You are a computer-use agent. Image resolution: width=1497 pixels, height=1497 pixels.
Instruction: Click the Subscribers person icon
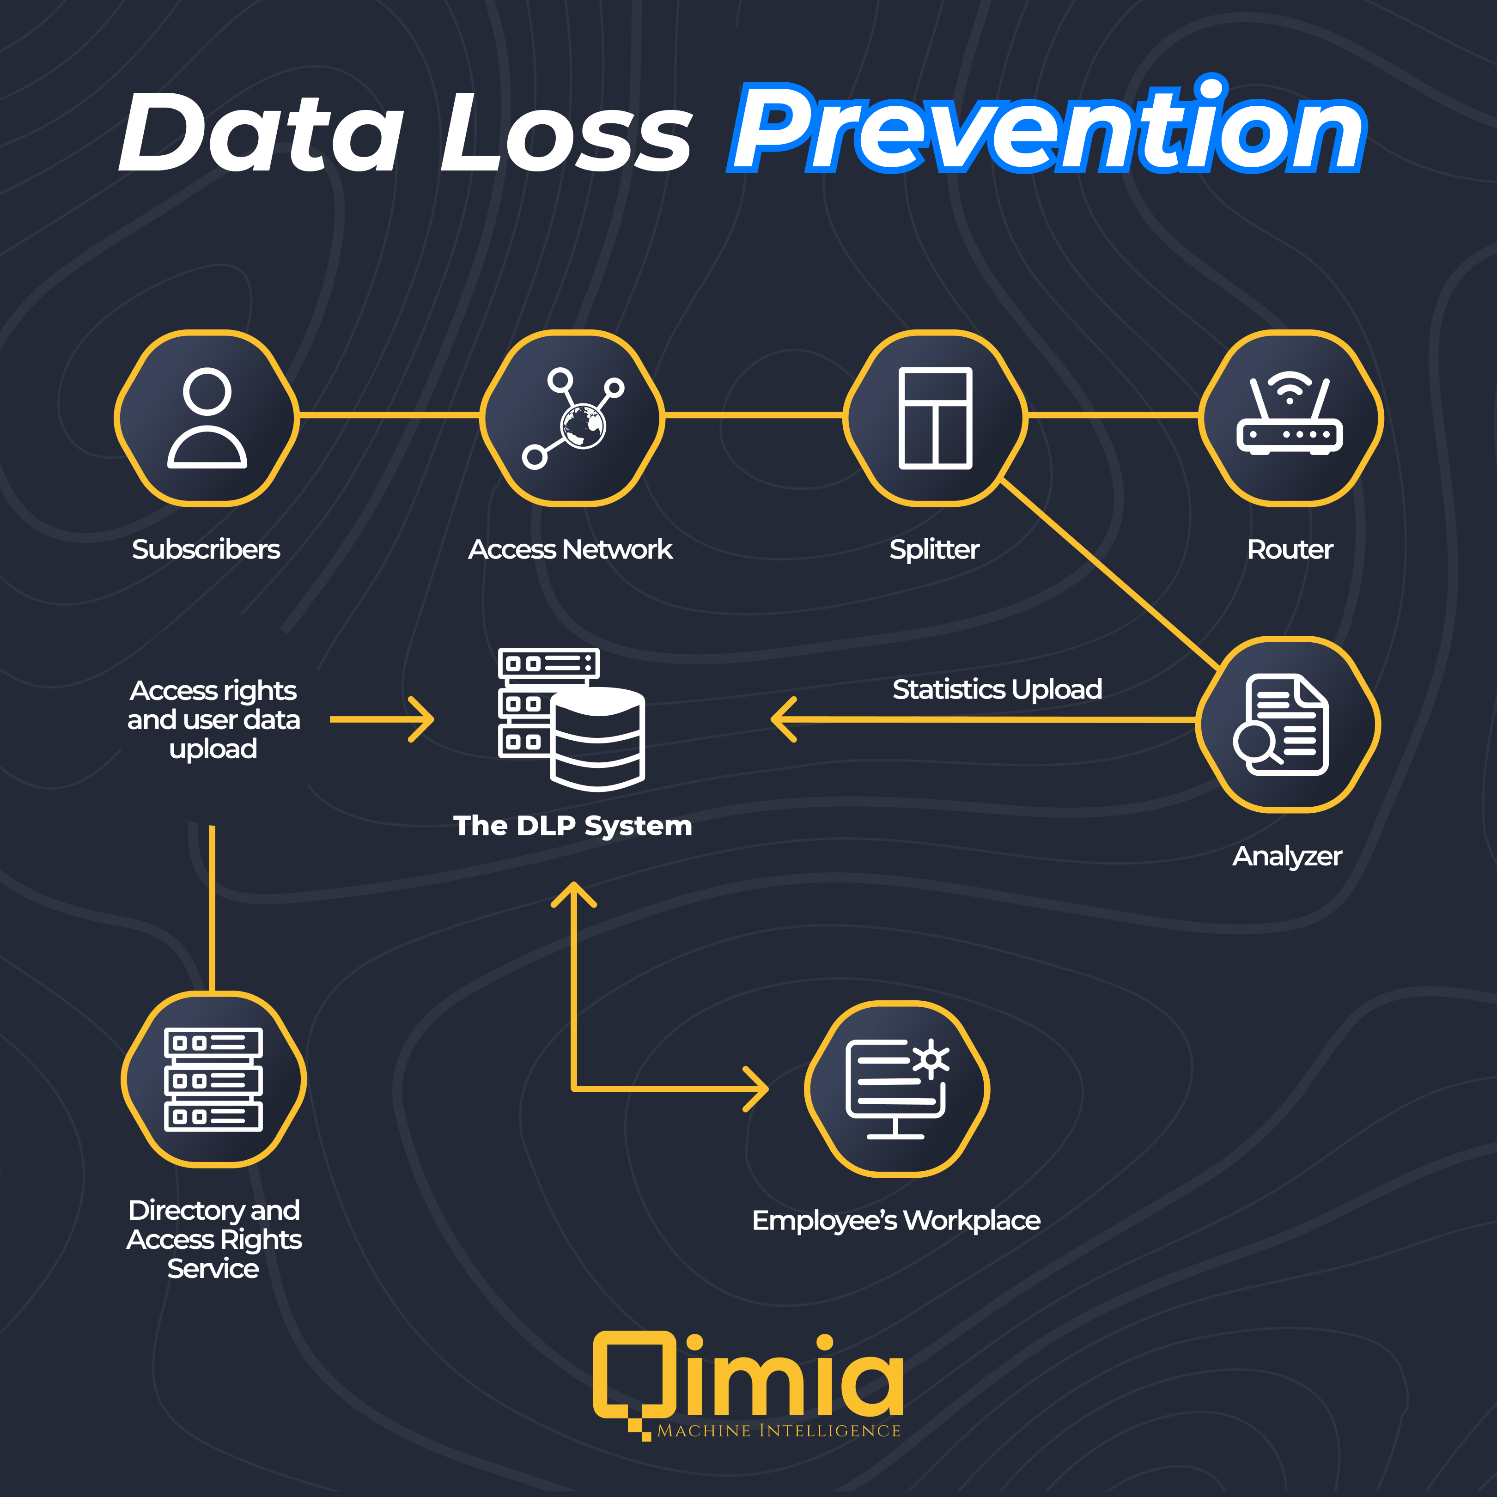coord(207,419)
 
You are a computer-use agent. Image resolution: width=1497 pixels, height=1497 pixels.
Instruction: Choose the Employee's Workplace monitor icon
coord(896,1089)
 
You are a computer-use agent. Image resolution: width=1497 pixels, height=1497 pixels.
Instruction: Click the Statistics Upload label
coord(997,689)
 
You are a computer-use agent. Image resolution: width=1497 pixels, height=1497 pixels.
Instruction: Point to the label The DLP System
coord(572,826)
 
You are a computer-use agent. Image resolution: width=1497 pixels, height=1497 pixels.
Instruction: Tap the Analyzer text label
coord(1287,856)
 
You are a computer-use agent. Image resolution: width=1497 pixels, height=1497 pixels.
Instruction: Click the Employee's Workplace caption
coord(896,1220)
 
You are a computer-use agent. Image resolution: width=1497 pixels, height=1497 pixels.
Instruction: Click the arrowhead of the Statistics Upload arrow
coord(781,719)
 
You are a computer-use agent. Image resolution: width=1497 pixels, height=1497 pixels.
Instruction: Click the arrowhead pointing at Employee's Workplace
coord(759,1089)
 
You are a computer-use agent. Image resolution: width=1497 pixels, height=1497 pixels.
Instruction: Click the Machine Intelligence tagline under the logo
coord(779,1431)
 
